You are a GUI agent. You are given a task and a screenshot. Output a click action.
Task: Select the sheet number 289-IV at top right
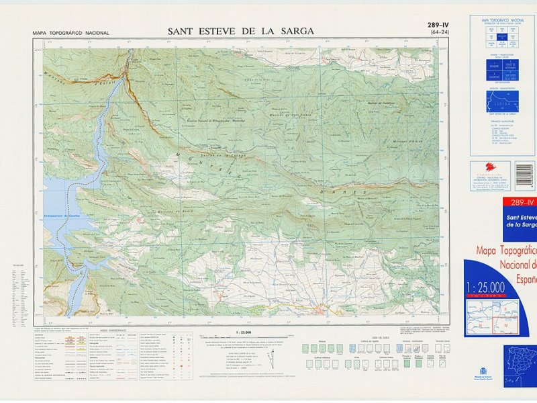point(438,26)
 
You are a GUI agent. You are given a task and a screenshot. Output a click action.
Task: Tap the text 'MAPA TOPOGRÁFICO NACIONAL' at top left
point(70,33)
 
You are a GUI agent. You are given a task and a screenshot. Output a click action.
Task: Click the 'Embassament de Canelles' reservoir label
point(72,210)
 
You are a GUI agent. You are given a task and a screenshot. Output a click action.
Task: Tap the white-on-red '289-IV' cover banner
point(521,202)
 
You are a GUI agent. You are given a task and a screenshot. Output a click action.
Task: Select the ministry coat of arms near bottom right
point(481,371)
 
